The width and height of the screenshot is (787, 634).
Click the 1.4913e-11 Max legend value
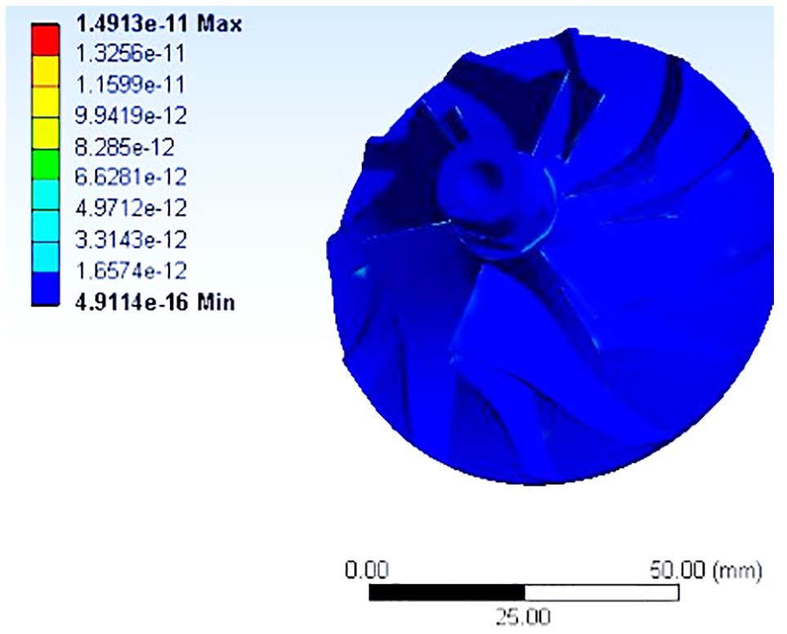159,24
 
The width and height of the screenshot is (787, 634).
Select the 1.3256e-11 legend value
130,53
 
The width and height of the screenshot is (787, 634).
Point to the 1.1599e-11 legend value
130,84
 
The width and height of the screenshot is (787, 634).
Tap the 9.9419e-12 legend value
131,115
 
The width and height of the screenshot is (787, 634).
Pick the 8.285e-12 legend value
125,147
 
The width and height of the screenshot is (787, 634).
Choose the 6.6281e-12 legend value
131,177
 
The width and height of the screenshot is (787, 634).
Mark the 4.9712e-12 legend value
131,208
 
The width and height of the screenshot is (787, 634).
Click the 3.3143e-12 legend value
131,239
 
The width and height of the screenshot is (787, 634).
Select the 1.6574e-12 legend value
131,271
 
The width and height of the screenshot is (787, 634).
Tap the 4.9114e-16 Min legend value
155,302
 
